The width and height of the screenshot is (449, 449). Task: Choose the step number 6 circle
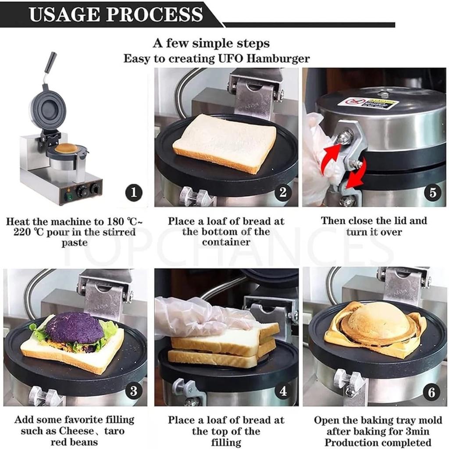click(432, 392)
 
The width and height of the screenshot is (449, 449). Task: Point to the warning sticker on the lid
click(368, 103)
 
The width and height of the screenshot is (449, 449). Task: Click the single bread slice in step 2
click(224, 143)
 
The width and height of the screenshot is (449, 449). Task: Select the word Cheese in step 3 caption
click(76, 431)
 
